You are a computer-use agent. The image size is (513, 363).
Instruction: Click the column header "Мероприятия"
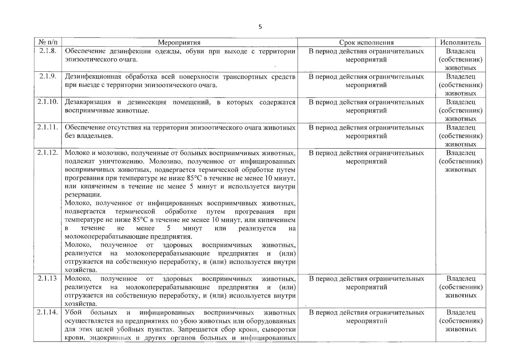[179, 43]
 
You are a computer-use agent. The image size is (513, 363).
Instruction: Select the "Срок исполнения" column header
[366, 43]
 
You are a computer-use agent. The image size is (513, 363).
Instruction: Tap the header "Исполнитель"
[460, 43]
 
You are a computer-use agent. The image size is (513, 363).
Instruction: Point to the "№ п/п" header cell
[47, 43]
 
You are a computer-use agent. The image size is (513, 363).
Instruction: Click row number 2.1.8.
[47, 51]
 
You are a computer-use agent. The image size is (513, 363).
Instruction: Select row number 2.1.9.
[47, 77]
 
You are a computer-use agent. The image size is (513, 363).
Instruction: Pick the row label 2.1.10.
[47, 102]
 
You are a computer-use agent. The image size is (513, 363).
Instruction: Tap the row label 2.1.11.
[47, 127]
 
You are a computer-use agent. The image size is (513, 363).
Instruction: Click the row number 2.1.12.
[47, 153]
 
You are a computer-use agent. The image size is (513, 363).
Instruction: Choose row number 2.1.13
[47, 278]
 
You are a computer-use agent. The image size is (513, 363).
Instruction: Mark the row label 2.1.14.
[47, 312]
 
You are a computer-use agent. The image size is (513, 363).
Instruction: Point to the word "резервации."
[81, 195]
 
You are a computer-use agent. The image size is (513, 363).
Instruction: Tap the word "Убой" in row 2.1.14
[71, 312]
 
